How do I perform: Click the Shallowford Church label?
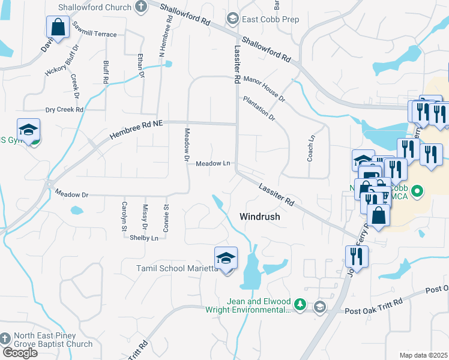tap(94, 7)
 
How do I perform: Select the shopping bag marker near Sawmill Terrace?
tap(57, 28)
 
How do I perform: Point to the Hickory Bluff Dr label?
tap(61, 61)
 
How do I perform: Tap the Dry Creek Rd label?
tap(64, 110)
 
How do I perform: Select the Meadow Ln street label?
tap(213, 163)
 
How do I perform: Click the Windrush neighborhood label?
tap(260, 216)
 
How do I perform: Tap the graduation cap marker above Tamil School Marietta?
tap(226, 259)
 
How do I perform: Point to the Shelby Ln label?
tap(144, 238)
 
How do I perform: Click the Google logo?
tap(20, 352)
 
